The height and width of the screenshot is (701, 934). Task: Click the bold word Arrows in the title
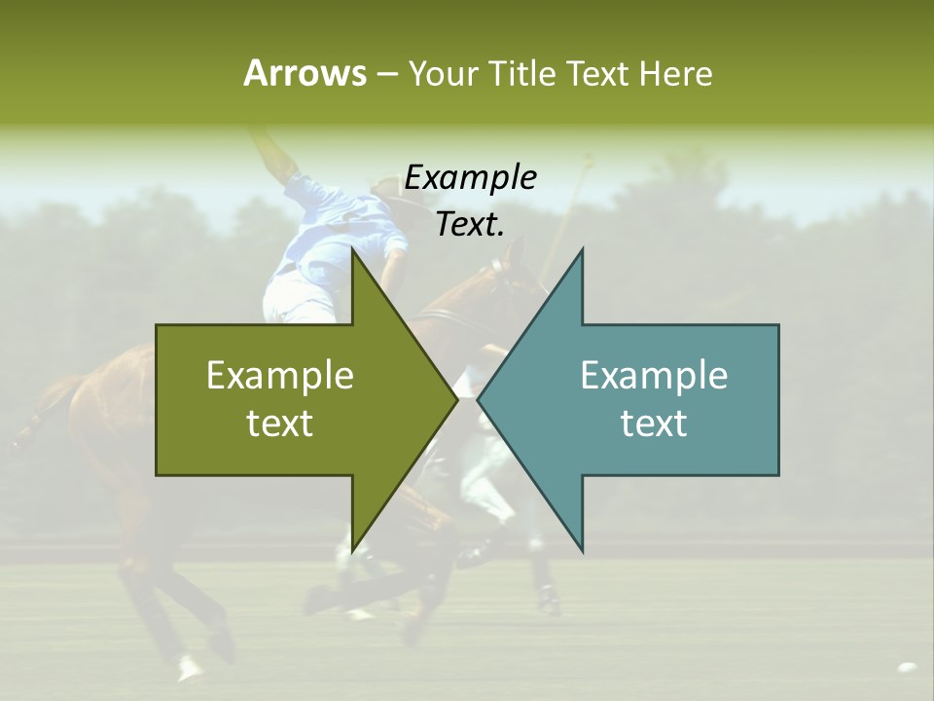tap(304, 73)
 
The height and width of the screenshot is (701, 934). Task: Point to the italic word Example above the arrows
tap(470, 177)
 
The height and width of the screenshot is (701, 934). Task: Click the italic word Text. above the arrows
tap(470, 224)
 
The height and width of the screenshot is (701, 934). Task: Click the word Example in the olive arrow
tap(280, 376)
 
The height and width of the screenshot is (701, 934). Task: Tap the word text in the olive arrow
tap(280, 424)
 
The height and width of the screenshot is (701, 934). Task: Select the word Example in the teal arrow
tap(654, 376)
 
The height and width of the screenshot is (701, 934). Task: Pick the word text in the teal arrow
tap(654, 424)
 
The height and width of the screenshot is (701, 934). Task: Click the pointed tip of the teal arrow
tap(479, 399)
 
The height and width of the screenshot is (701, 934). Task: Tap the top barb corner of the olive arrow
tap(352, 250)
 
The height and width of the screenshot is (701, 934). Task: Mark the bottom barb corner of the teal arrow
tap(582, 549)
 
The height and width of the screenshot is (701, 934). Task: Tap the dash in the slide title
tap(385, 74)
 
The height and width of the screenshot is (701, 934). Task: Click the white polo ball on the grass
tap(907, 668)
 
